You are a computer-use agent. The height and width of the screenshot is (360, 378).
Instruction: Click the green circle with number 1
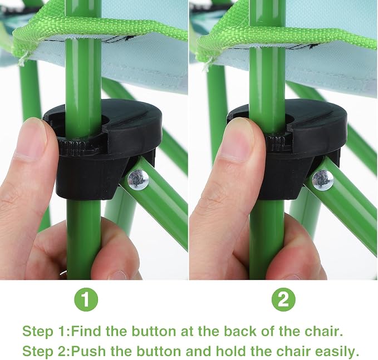tap(86, 300)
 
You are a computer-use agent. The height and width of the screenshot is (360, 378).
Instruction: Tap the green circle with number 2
tap(283, 300)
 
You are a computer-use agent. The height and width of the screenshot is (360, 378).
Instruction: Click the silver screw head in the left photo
tap(138, 180)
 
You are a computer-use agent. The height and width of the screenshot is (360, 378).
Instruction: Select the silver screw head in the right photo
tap(323, 180)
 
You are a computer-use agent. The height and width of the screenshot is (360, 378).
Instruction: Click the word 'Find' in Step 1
tap(87, 331)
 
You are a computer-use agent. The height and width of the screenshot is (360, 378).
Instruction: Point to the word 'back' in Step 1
tap(242, 331)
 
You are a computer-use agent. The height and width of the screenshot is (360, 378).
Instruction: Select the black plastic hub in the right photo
tap(287, 150)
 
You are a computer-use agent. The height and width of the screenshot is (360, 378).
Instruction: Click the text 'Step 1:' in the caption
tap(46, 331)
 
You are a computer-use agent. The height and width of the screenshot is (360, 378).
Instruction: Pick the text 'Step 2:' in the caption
tap(46, 352)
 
